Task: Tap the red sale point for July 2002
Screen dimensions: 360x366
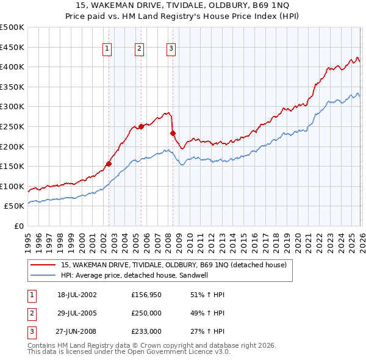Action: point(109,164)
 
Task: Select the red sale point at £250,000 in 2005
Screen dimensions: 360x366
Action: point(141,126)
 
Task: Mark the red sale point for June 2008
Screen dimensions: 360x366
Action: point(173,133)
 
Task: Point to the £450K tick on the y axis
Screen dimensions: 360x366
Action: point(12,47)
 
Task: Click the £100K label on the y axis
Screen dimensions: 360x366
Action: point(12,186)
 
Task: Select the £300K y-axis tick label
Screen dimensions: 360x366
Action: point(12,107)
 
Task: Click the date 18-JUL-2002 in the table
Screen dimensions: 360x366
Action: point(77,295)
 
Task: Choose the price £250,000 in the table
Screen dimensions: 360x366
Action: point(146,313)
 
